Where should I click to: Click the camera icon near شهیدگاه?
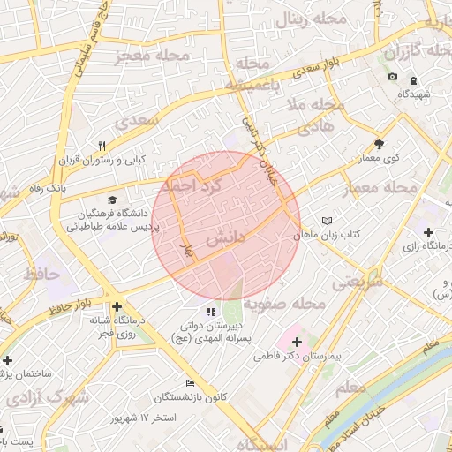(x=392, y=78)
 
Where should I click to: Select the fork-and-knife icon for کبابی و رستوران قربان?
(x=102, y=147)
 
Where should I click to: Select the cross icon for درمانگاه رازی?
(x=428, y=232)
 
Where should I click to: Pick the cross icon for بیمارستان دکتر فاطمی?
(x=296, y=342)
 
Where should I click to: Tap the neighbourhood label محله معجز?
(x=152, y=56)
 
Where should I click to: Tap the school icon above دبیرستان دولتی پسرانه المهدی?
(x=210, y=312)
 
